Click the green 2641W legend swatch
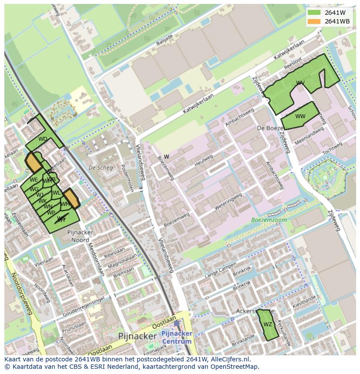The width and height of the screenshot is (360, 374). [314, 13]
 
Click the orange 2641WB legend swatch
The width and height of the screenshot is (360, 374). [314, 21]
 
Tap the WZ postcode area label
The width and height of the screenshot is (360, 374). [268, 324]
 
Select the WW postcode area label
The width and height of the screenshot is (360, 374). [300, 116]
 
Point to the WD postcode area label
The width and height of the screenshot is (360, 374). [43, 139]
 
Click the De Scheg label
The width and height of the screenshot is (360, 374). [100, 167]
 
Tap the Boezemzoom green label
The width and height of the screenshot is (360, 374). [269, 220]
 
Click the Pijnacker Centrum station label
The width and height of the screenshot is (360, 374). [177, 337]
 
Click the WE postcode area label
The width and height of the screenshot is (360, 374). [34, 180]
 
